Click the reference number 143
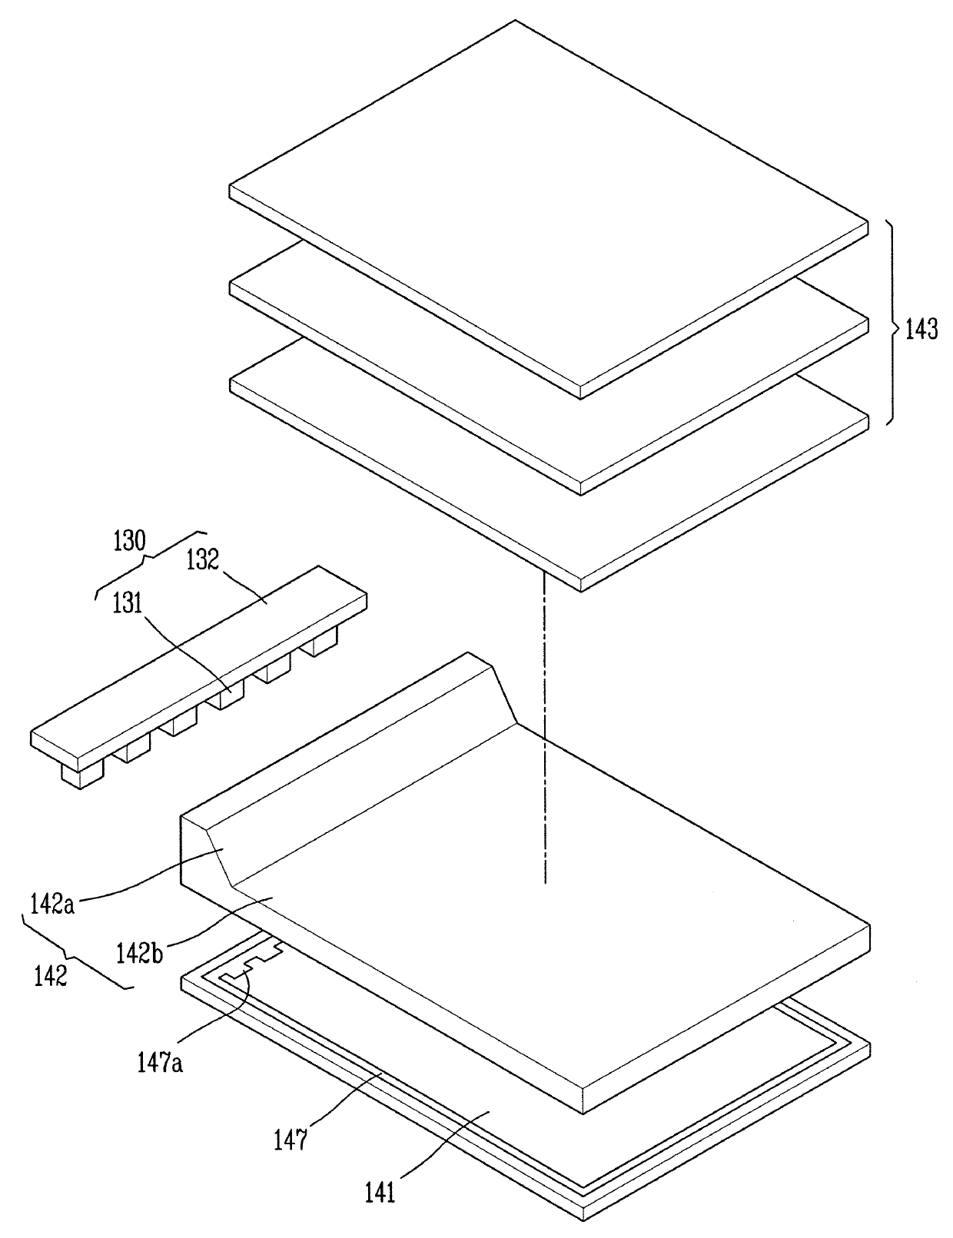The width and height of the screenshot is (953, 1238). (921, 330)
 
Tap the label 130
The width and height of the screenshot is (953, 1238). (129, 540)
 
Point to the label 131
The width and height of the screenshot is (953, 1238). (127, 602)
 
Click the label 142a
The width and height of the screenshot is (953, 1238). (52, 904)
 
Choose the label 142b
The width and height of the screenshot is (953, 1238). (140, 952)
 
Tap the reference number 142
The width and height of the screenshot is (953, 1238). (51, 976)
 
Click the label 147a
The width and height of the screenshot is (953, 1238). (160, 1063)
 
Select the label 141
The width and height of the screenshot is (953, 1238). (380, 1190)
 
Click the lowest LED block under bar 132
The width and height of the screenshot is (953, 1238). (83, 775)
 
